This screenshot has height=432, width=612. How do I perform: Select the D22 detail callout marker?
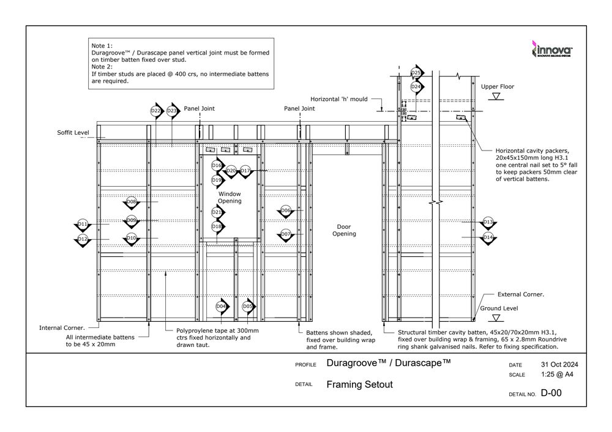(155, 111)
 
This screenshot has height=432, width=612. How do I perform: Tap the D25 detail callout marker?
(416, 73)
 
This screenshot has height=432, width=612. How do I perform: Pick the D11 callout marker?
(83, 224)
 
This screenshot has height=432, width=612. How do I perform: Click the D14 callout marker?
(488, 237)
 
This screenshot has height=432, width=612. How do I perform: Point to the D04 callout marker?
(222, 306)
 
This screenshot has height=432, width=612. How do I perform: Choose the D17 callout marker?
(245, 171)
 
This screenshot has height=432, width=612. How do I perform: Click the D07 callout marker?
(286, 234)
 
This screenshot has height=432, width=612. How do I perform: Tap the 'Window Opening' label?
(229, 197)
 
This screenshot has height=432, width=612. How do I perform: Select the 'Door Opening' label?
(344, 230)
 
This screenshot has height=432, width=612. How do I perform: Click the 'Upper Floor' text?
(497, 87)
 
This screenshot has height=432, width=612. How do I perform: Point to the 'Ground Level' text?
(498, 308)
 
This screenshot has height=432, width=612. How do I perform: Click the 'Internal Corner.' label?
(62, 327)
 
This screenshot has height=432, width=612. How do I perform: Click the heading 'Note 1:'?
(102, 47)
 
